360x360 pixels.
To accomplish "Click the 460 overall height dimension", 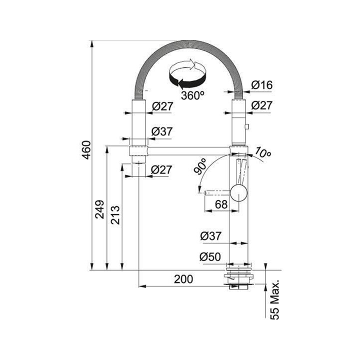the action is point(87,150).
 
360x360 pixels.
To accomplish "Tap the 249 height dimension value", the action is point(100,209).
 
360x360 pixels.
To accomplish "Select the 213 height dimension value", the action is point(115,215).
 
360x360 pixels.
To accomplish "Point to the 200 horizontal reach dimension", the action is point(183,279).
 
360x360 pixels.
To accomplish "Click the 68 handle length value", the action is point(221,204).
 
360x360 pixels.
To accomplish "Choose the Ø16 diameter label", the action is point(261,85).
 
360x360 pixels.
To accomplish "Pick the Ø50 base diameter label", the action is point(210,256).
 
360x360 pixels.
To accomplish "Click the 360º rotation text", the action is point(192,95).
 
